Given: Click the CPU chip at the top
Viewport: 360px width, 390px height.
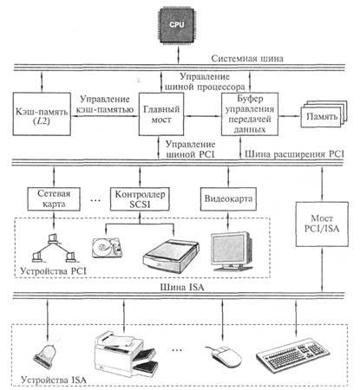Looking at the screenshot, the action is (x=177, y=25).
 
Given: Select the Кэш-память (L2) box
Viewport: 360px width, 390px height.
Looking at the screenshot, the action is (x=42, y=114).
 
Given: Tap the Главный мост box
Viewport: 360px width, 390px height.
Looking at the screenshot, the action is (x=161, y=114).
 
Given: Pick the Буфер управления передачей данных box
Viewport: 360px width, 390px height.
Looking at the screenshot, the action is (x=250, y=114).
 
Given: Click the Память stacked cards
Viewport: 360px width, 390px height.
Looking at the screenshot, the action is (x=324, y=114).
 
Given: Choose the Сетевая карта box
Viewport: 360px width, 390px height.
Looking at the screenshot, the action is (x=54, y=199).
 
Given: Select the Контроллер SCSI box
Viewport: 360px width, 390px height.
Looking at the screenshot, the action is (x=140, y=199).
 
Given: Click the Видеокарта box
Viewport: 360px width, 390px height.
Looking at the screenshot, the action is (x=228, y=199).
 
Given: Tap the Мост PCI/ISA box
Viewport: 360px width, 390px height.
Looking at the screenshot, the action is (x=322, y=224).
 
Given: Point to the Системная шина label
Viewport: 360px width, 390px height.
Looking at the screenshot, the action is (x=247, y=59).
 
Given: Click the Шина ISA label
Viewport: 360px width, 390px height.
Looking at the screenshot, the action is (x=182, y=288).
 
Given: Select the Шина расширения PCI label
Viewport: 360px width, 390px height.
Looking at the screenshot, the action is (x=294, y=153).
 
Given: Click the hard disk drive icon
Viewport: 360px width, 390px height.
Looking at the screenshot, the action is (x=107, y=248).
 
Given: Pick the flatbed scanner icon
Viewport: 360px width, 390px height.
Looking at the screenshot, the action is (x=171, y=257).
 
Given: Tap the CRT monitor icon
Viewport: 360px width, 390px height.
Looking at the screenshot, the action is (x=232, y=250).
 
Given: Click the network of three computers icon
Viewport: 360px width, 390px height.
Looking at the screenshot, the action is (x=53, y=248).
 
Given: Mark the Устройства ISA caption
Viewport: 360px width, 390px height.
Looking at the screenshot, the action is (x=54, y=380).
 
